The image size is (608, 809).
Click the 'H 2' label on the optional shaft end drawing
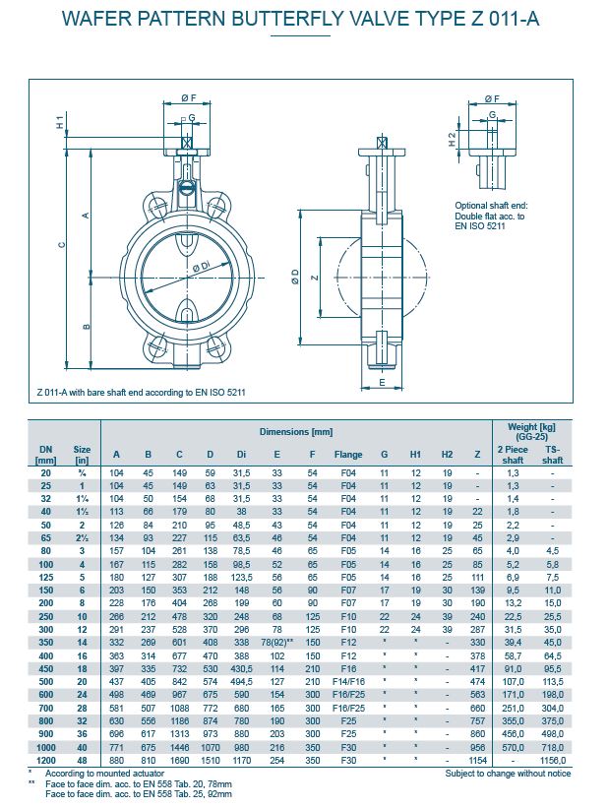[x=452, y=140]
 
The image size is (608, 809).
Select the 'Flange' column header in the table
[x=348, y=454]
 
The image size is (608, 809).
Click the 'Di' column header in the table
[x=241, y=454]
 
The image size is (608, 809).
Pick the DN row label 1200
[x=45, y=761]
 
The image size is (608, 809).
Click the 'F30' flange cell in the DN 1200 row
[x=348, y=761]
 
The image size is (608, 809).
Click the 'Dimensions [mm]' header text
[x=295, y=432]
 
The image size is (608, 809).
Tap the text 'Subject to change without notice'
[x=507, y=774]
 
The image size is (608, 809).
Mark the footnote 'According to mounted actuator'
[x=101, y=774]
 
